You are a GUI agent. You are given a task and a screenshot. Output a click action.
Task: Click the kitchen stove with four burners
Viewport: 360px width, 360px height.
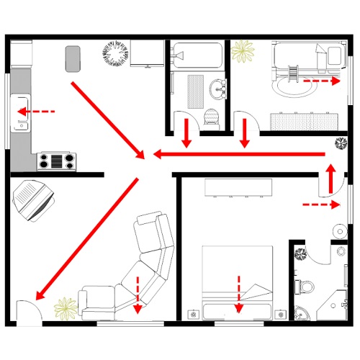[56, 160]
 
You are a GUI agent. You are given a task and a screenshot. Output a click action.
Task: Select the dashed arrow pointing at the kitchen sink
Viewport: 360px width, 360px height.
[36, 112]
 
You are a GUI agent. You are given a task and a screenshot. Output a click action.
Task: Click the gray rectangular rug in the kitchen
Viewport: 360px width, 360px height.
[73, 58]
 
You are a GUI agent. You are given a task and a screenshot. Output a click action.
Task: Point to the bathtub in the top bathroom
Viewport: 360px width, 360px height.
[196, 55]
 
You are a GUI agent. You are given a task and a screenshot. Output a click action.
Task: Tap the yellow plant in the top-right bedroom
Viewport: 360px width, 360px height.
[243, 52]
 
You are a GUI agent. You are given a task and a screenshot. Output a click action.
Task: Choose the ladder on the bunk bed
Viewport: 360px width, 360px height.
[294, 73]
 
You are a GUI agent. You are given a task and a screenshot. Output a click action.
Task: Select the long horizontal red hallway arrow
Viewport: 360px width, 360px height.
[238, 154]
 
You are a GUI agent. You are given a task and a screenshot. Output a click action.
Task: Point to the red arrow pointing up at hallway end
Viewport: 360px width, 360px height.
[330, 179]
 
